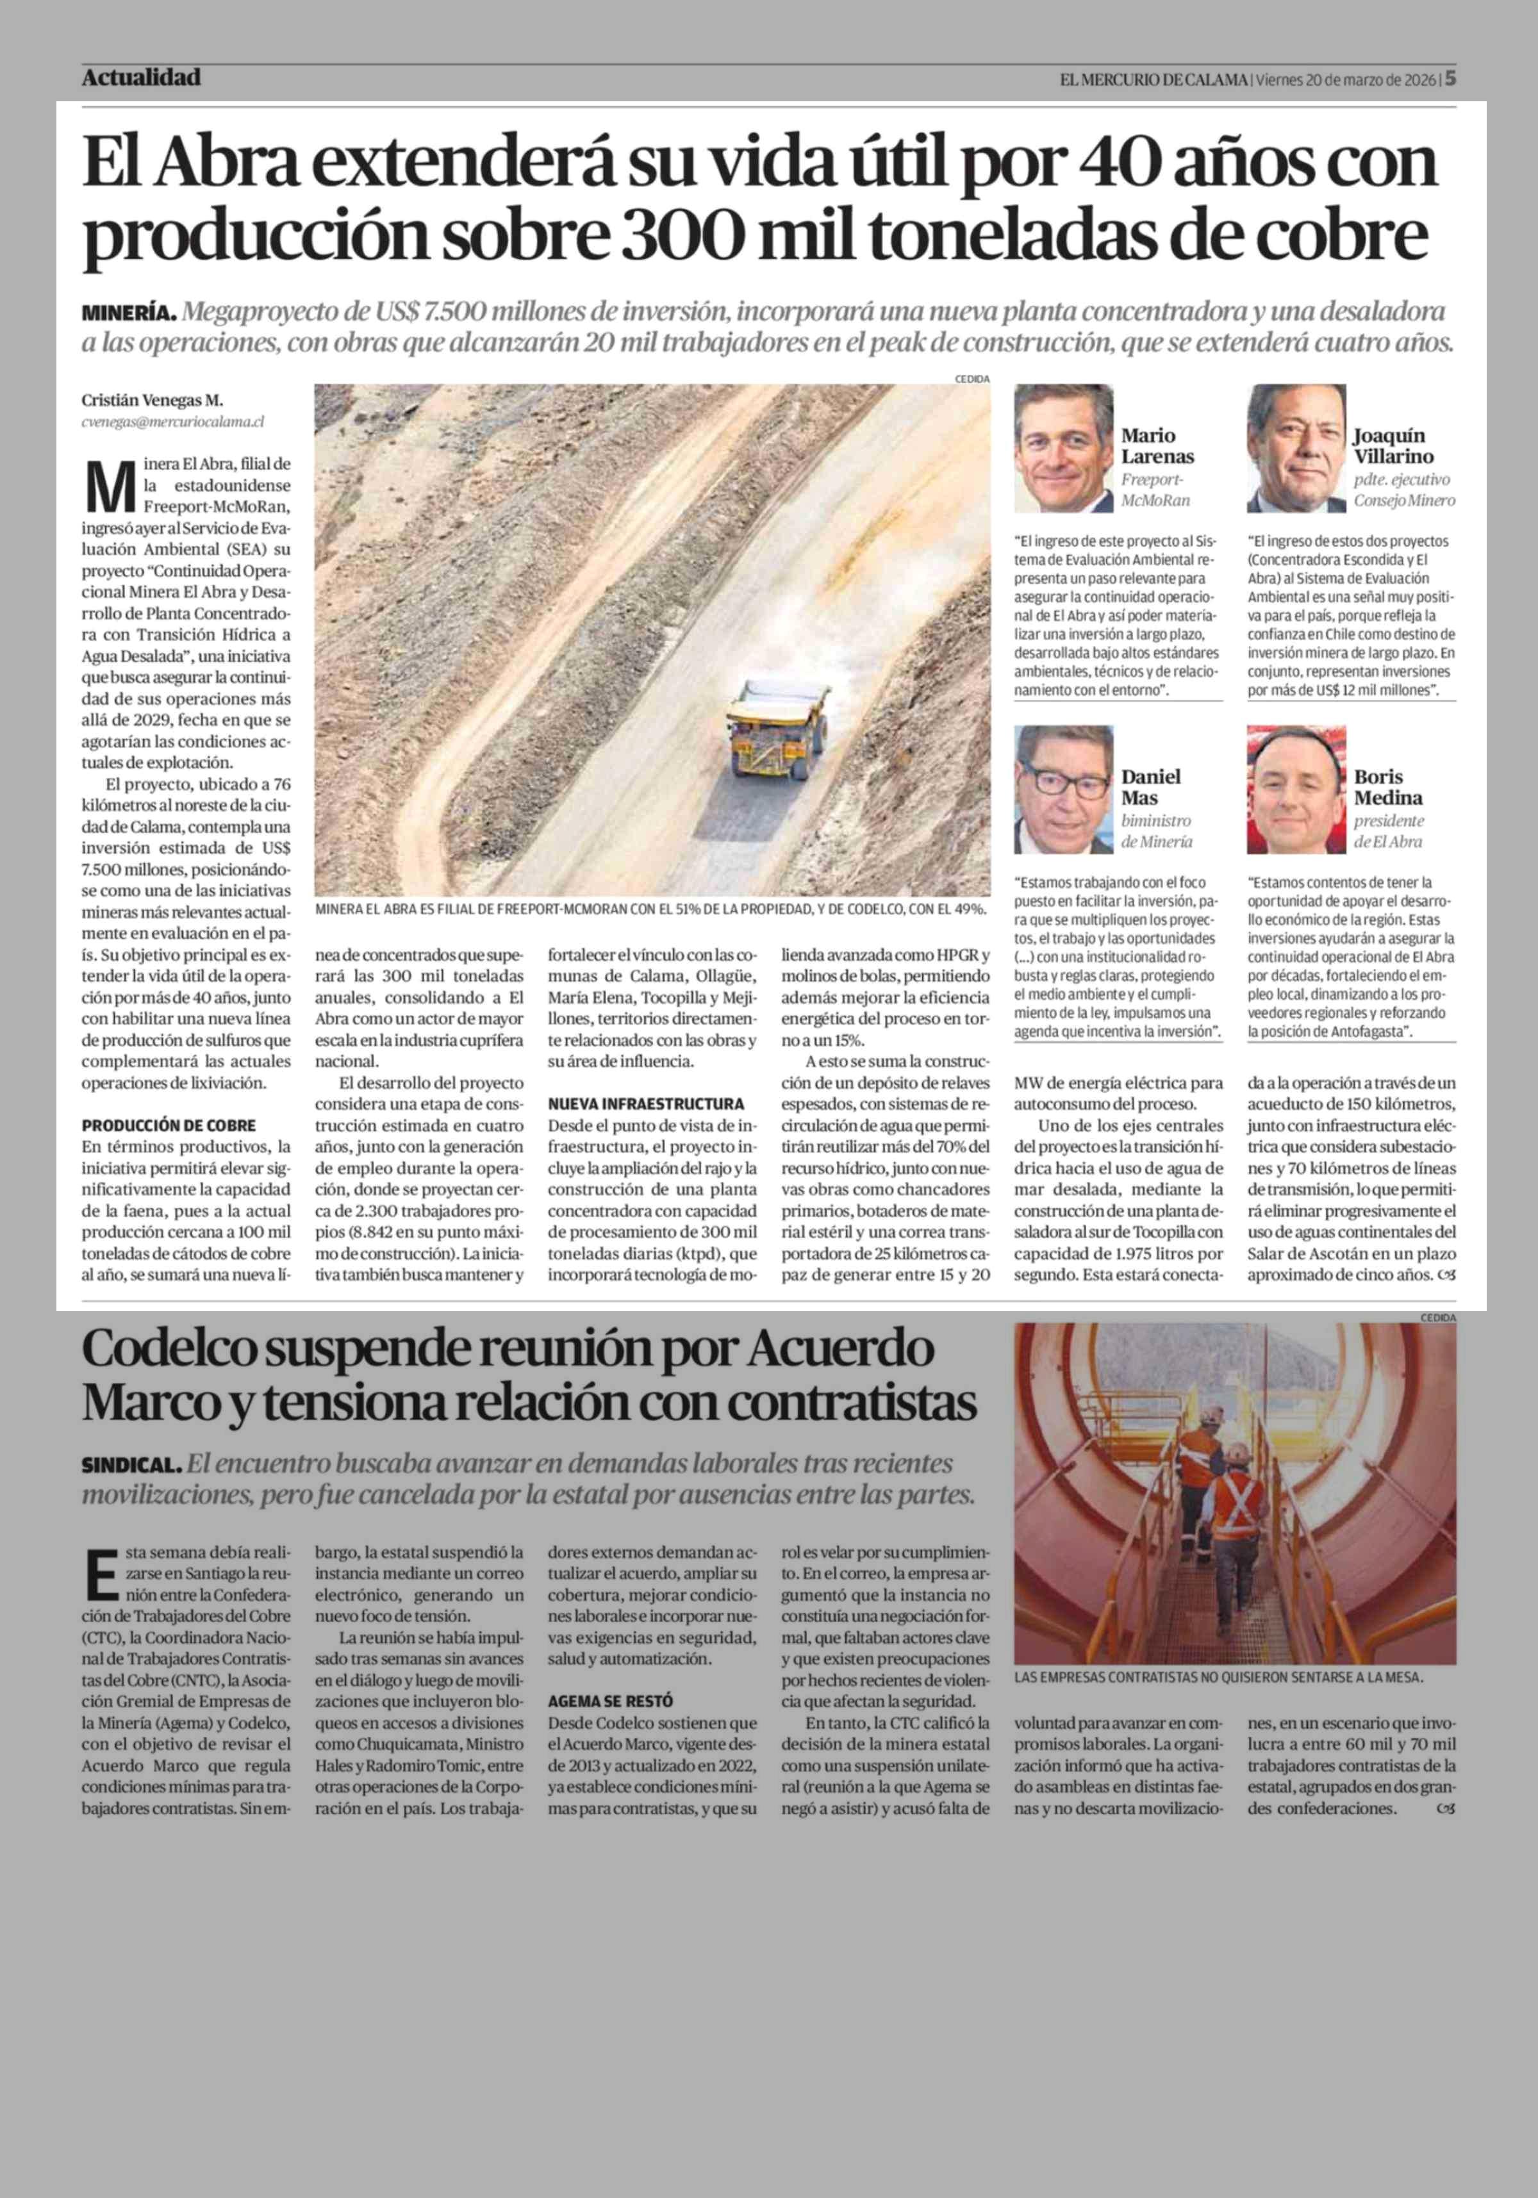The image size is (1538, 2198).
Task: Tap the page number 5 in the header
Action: click(x=1450, y=78)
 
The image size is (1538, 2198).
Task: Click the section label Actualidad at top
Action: click(x=141, y=78)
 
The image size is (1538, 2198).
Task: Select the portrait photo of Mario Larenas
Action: click(x=1063, y=448)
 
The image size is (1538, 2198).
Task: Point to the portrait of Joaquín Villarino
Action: click(x=1296, y=448)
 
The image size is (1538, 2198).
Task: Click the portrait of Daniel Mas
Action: click(x=1063, y=789)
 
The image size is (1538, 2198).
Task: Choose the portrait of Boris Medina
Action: click(x=1296, y=789)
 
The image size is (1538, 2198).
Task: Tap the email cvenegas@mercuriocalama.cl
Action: click(x=172, y=420)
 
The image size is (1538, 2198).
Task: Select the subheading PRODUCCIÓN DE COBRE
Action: click(x=169, y=1125)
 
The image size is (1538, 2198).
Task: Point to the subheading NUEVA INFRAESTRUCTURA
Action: click(x=645, y=1103)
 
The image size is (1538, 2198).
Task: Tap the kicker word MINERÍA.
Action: click(x=129, y=312)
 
